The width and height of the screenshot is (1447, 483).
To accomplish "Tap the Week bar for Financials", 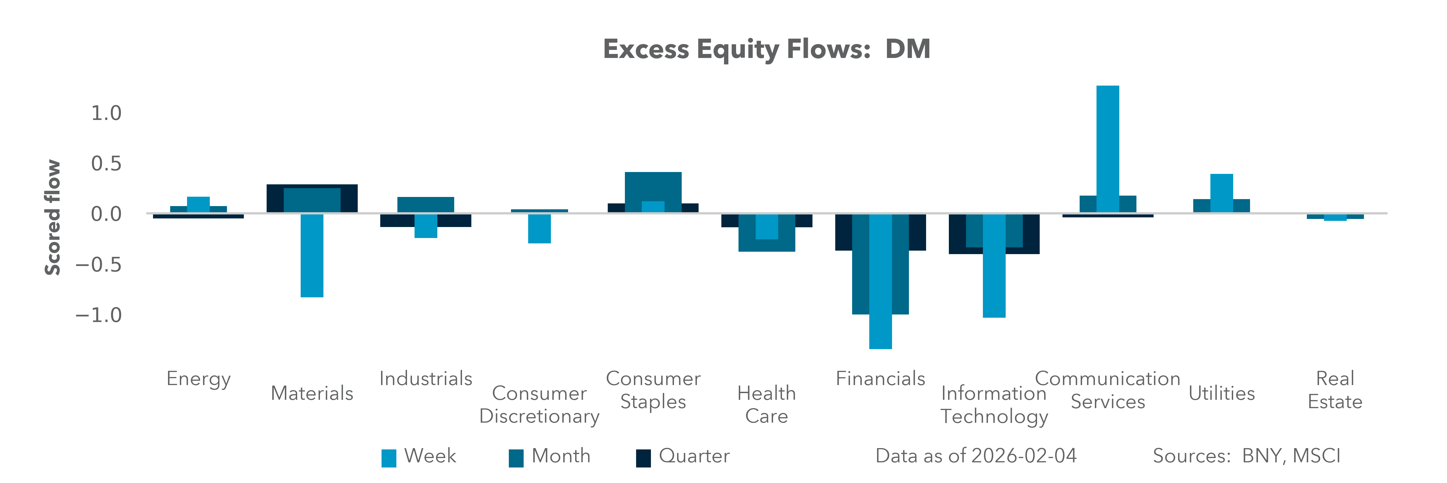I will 880,281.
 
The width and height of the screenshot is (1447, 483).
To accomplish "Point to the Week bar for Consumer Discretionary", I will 539,228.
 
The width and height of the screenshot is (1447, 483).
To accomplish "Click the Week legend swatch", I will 389,458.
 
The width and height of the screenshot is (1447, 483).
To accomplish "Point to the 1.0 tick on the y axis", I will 106,113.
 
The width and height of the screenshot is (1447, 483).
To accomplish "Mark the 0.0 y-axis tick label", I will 106,214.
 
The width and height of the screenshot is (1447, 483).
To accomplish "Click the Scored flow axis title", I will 52,218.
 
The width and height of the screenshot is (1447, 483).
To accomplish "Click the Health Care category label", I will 766,404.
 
